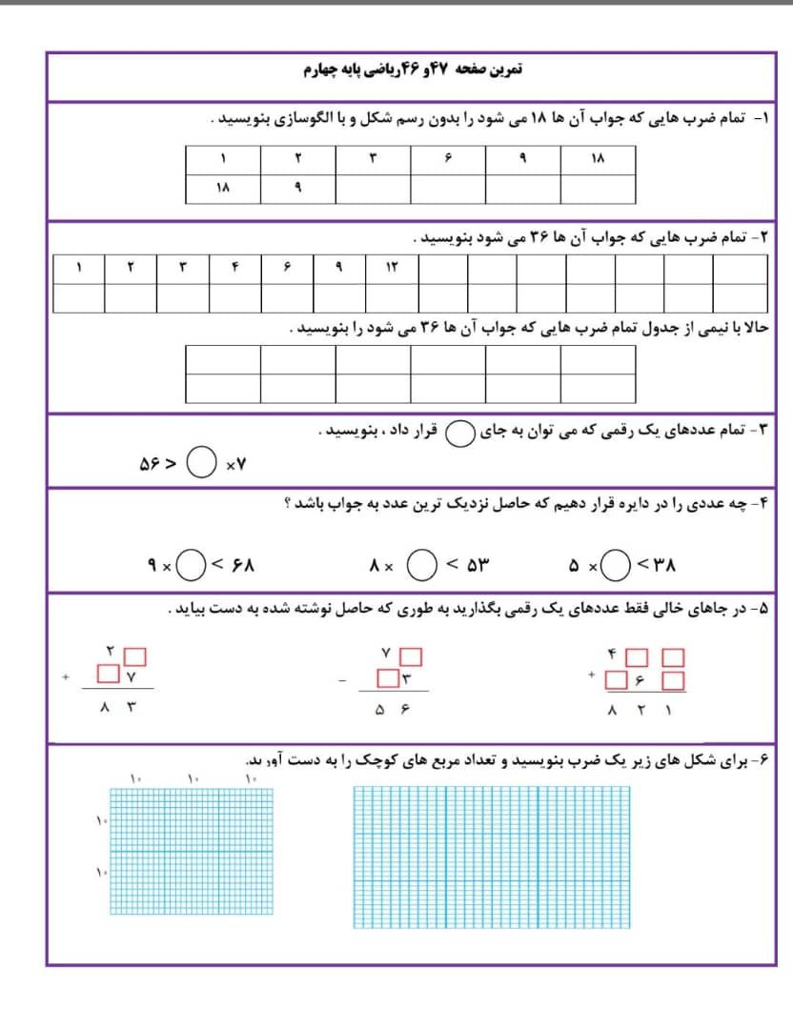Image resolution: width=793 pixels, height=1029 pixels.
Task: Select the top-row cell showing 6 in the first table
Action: (x=447, y=159)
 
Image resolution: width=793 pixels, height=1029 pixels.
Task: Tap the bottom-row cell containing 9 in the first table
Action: (x=297, y=189)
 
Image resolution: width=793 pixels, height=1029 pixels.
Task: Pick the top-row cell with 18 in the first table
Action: (x=598, y=159)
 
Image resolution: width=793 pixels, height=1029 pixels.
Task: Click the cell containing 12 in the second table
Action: (x=392, y=268)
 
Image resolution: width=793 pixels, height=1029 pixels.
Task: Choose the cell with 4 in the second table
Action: (x=234, y=268)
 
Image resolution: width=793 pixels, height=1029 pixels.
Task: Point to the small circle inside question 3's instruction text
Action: (x=460, y=434)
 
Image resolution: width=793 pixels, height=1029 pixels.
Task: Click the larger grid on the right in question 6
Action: (x=492, y=857)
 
